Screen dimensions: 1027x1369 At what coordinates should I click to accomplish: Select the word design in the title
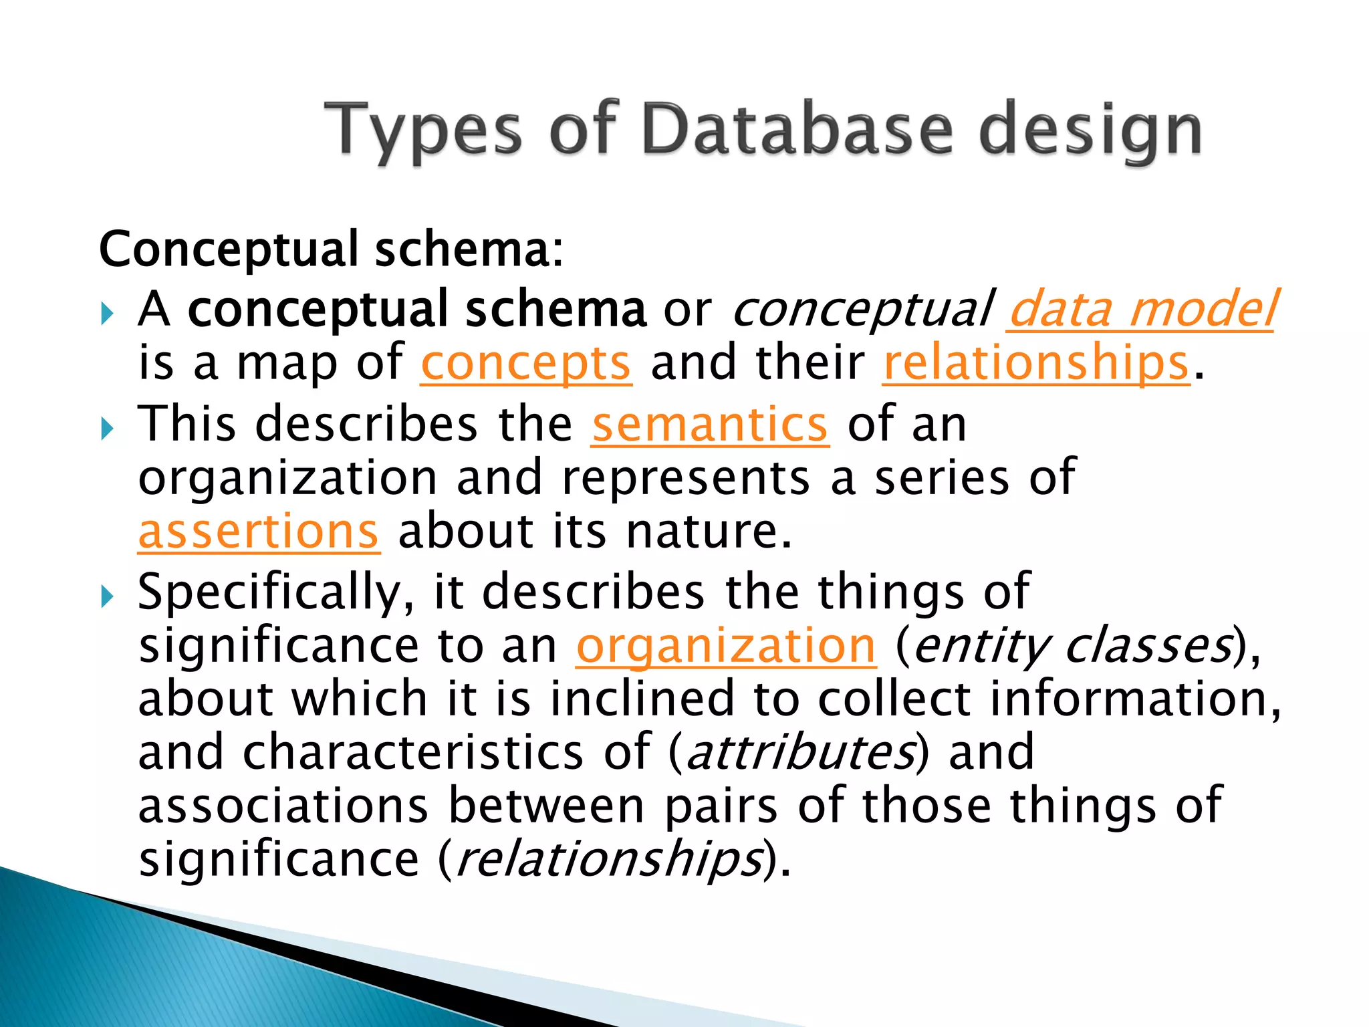[x=1090, y=130]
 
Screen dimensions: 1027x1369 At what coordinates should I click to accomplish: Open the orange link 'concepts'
[x=525, y=364]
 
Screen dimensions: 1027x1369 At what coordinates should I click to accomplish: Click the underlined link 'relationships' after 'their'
[x=1036, y=364]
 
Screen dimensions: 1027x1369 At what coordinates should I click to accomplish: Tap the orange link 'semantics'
[x=710, y=425]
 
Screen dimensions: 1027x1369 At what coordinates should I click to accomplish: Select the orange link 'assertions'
[x=259, y=532]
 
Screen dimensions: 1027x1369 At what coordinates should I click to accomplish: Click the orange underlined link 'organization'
[x=725, y=646]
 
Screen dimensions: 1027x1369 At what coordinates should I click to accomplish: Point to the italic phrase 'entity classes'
[x=1072, y=646]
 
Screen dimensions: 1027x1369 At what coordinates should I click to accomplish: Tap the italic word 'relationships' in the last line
[x=609, y=859]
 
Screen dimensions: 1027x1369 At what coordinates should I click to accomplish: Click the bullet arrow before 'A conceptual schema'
[x=107, y=313]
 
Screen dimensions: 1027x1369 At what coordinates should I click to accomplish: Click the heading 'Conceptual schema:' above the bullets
[x=331, y=249]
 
